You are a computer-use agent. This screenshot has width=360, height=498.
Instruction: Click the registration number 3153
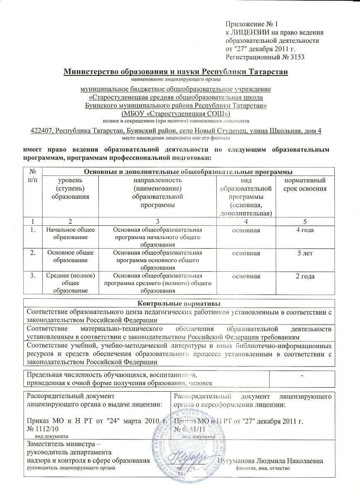pyautogui.click(x=296, y=56)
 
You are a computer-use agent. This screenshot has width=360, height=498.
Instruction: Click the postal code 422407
pyautogui.click(x=43, y=131)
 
